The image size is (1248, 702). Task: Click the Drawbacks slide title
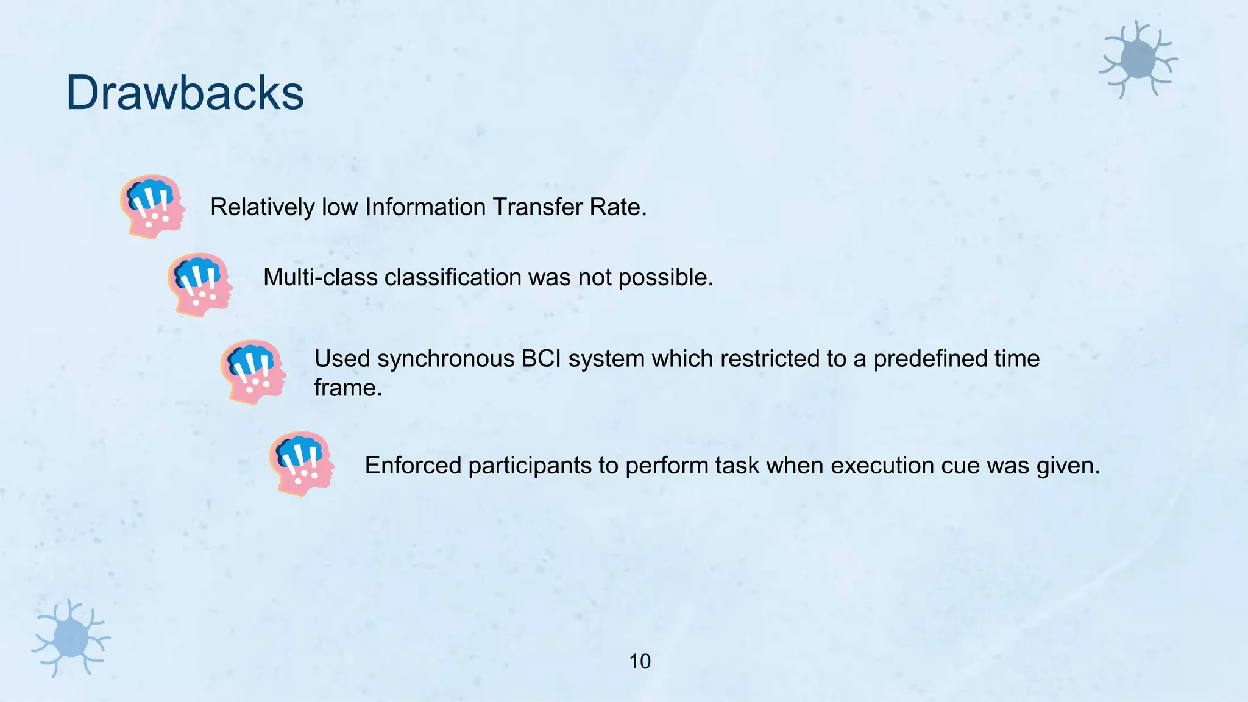point(185,93)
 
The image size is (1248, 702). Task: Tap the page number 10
point(639,662)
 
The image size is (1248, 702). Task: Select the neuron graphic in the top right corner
point(1138,60)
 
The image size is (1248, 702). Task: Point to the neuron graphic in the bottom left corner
point(71,637)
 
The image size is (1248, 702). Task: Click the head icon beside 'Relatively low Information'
point(152,206)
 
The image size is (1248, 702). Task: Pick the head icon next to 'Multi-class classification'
point(200,285)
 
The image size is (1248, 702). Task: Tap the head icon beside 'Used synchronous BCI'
point(253,372)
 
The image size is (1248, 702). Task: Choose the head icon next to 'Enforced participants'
point(302,463)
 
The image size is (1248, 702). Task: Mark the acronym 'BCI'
point(541,359)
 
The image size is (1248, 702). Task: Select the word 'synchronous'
point(445,359)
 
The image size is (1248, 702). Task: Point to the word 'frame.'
point(348,388)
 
